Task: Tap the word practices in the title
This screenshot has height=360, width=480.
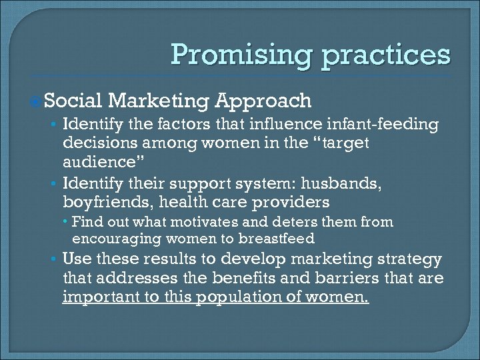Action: point(387,55)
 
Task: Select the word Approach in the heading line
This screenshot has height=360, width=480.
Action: point(263,101)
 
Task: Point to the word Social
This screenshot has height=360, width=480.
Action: point(73,101)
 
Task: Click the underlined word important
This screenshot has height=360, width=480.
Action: point(97,297)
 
